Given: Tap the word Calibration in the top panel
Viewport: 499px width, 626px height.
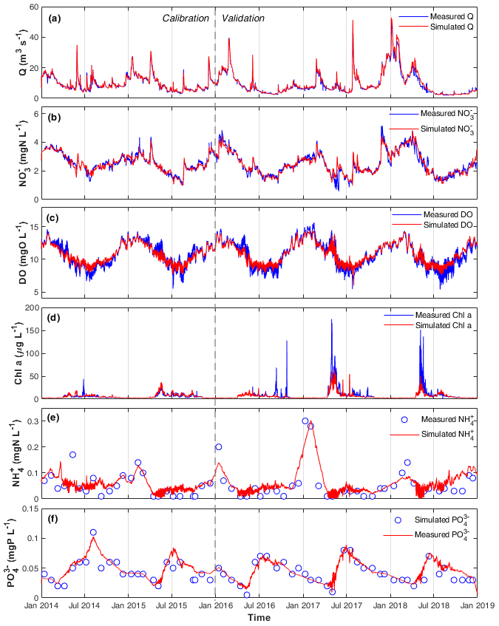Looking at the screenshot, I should click(x=186, y=18).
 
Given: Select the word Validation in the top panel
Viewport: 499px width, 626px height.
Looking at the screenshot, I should click(x=242, y=18).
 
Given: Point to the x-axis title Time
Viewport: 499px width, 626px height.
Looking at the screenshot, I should click(x=259, y=617).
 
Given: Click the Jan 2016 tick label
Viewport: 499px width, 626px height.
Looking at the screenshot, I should click(x=215, y=606).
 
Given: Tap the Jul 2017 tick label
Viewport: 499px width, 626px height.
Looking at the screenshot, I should click(x=345, y=606).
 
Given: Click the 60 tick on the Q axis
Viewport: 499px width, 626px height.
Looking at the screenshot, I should click(x=33, y=7).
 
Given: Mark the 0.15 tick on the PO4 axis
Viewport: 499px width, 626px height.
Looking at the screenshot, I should click(x=27, y=508).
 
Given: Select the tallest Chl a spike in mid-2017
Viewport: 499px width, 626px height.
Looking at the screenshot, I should click(x=331, y=320).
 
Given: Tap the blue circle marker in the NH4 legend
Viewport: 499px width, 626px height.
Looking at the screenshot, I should click(x=404, y=419).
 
